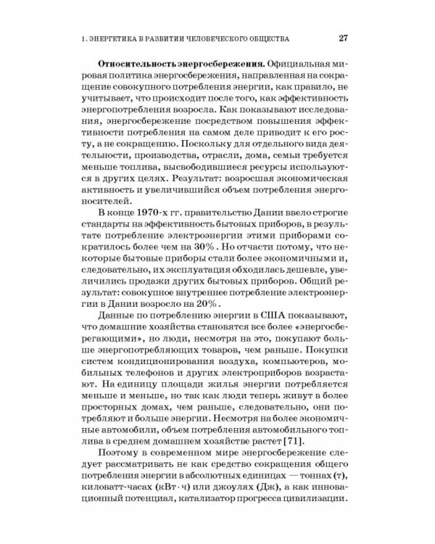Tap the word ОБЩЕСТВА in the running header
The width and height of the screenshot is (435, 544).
tap(265, 38)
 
